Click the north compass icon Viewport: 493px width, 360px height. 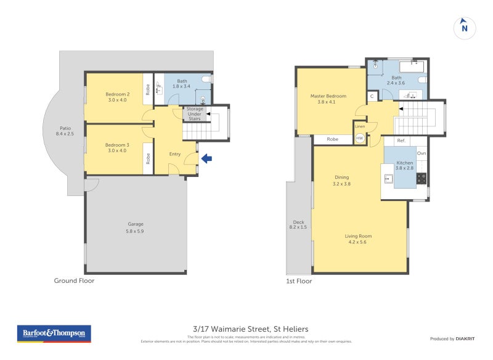click(465, 27)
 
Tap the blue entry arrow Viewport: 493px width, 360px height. click(206, 159)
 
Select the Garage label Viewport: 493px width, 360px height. click(136, 227)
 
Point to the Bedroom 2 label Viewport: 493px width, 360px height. click(117, 97)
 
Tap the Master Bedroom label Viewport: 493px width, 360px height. click(328, 99)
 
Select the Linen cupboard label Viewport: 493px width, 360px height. click(360, 126)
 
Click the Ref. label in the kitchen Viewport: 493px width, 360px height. click(401, 141)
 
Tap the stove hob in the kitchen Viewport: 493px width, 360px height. click(422, 178)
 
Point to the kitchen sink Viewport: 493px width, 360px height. click(388, 179)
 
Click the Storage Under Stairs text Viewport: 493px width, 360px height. click(195, 113)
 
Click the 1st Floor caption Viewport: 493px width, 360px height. click(299, 281)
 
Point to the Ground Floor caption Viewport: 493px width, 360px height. click(74, 281)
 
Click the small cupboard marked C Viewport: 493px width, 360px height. click(373, 96)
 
